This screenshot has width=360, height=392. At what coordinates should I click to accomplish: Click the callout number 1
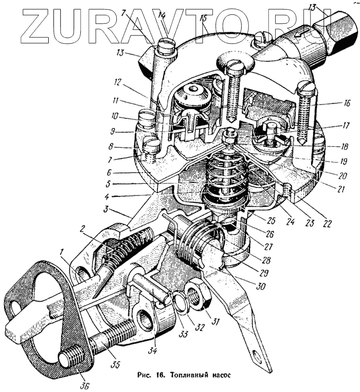click(x=62, y=252)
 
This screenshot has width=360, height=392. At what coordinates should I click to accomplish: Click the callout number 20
click(x=342, y=176)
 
